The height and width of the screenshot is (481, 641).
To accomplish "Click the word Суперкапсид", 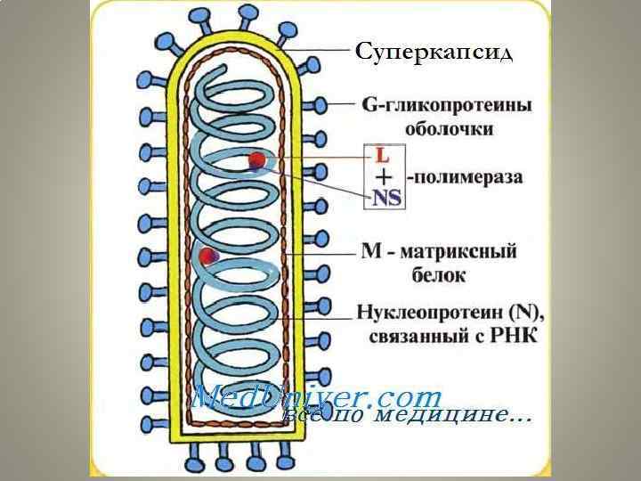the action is click(434, 53).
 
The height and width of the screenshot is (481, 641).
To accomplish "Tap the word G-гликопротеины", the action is click(447, 104).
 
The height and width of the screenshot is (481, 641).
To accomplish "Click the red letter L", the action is click(383, 155).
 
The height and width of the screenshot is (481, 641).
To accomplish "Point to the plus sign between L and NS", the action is click(384, 176).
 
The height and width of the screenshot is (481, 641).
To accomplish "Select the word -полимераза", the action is click(466, 176).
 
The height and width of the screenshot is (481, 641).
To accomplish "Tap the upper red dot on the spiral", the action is click(257, 160).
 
